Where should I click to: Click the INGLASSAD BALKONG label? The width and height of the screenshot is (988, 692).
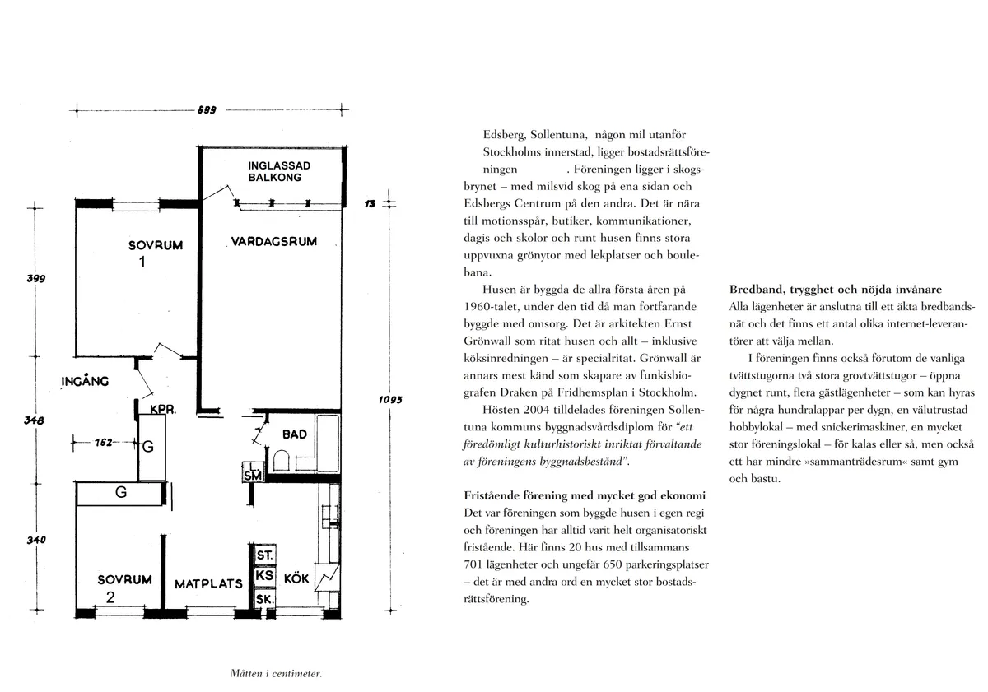point(279,171)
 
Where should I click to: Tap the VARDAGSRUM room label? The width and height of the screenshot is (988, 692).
point(273,242)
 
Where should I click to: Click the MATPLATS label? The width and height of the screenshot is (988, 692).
point(208,584)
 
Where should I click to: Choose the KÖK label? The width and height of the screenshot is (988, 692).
point(296,579)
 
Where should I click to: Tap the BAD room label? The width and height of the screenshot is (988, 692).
point(295,434)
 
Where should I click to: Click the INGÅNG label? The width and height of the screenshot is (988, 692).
point(85,381)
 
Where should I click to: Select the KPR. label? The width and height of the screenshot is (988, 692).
point(162,409)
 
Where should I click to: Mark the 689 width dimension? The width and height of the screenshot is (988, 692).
point(206,109)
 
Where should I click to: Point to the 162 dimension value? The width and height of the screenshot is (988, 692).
point(103,443)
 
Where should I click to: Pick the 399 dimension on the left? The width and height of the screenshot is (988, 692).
point(35,279)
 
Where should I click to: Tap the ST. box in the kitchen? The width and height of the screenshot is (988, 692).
point(264,556)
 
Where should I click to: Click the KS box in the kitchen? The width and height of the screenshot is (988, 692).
point(264,576)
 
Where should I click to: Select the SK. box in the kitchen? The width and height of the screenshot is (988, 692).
point(264,600)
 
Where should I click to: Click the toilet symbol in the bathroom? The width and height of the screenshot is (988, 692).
point(281,460)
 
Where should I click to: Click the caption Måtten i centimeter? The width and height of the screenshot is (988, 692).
point(276,674)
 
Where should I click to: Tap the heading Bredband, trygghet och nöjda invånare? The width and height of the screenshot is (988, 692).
point(836,290)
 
